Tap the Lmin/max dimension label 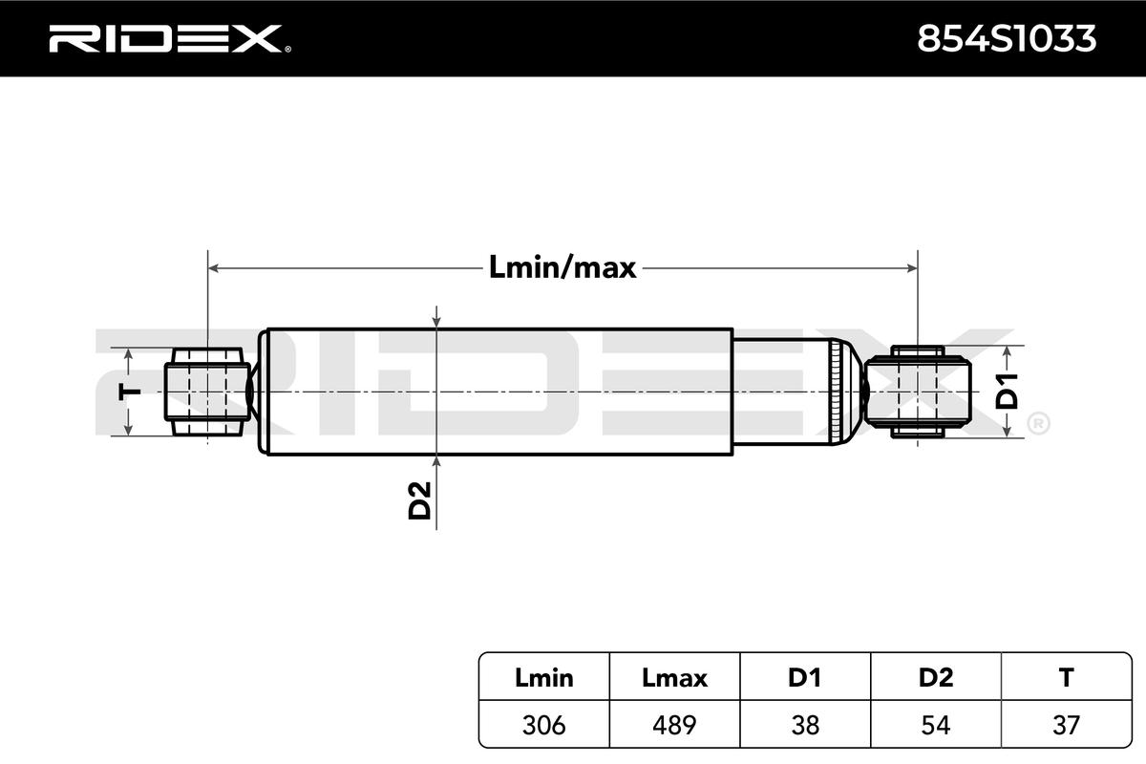click(562, 267)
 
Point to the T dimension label click(131, 392)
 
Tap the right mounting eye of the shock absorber click(917, 392)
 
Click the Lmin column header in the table click(543, 678)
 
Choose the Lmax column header click(674, 678)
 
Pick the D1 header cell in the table click(804, 678)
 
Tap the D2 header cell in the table click(935, 678)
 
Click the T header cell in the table click(1066, 678)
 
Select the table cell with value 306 click(543, 725)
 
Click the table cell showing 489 click(674, 725)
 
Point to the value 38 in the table click(804, 725)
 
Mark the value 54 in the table click(935, 725)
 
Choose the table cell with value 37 click(1066, 725)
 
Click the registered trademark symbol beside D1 click(1038, 422)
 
